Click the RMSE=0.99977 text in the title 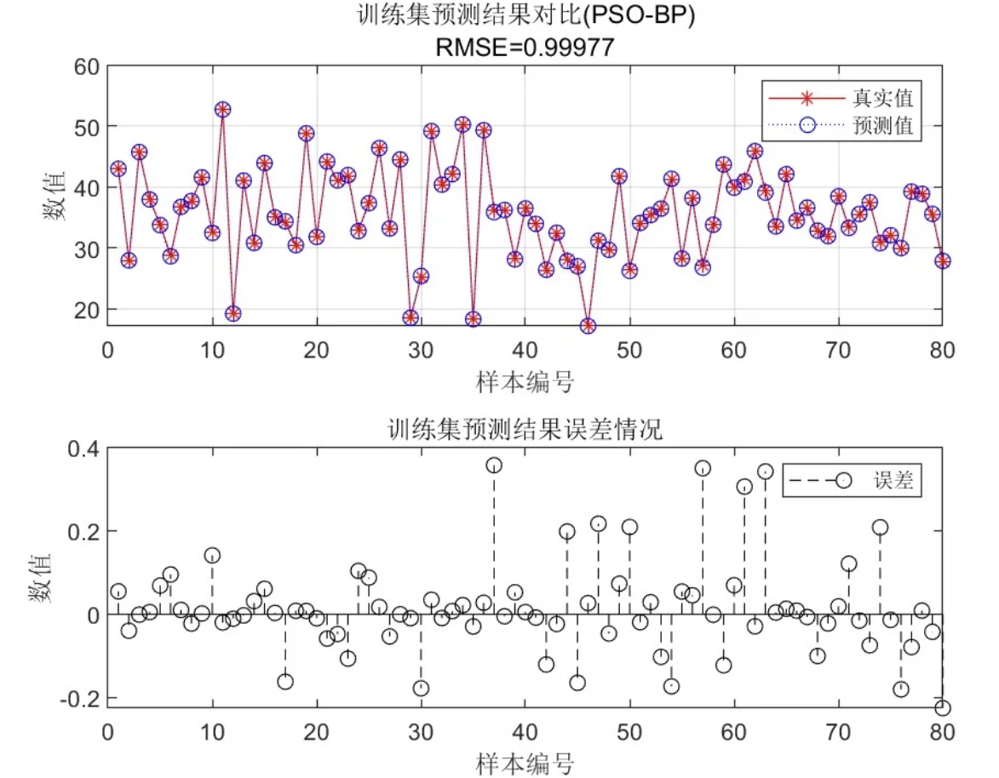525,48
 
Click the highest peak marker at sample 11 222,110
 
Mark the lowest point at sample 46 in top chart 588,326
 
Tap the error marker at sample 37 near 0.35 494,465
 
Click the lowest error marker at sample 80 942,707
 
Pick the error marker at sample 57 703,468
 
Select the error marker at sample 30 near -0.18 421,689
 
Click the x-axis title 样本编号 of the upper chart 525,382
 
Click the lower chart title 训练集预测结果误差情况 525,430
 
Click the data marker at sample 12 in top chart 233,314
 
